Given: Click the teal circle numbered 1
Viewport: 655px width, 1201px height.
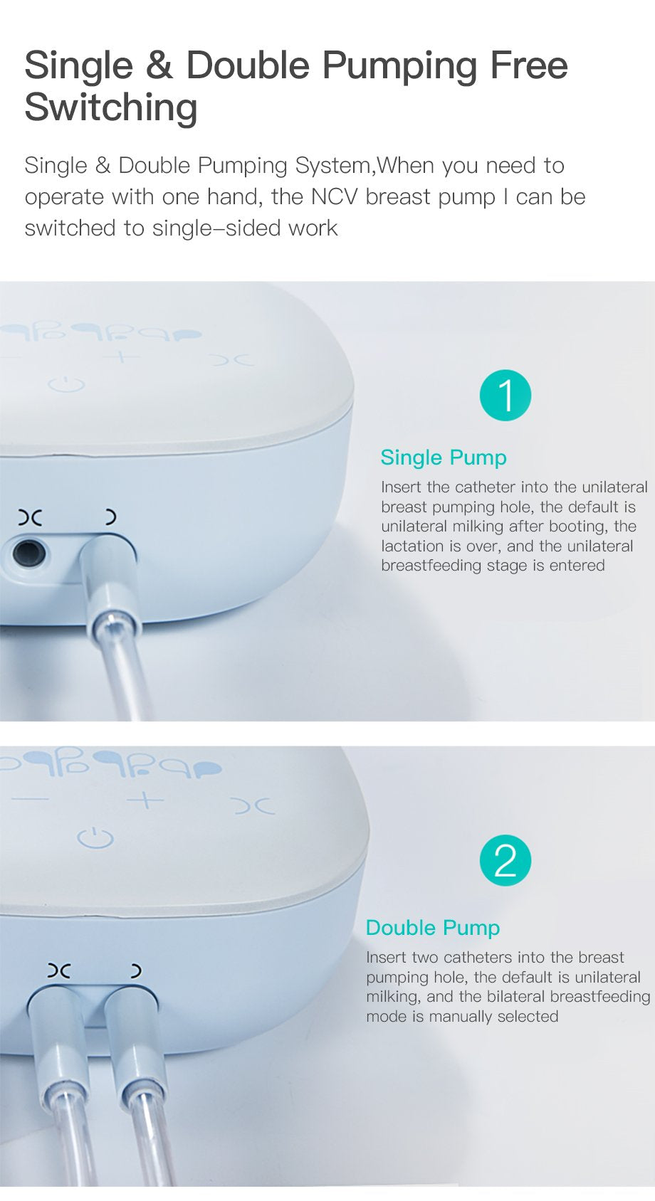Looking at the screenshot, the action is (505, 395).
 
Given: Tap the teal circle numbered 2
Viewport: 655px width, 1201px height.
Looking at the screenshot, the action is (505, 860).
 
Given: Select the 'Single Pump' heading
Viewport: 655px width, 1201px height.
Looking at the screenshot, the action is (444, 458).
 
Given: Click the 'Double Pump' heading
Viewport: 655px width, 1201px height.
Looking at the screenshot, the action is (433, 928).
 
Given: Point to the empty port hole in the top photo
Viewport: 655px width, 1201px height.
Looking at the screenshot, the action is (29, 553).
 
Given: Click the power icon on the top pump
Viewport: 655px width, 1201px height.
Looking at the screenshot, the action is (66, 384).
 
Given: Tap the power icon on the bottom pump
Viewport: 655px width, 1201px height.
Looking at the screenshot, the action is (95, 837).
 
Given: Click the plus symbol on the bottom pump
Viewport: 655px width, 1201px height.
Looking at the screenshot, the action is (145, 800).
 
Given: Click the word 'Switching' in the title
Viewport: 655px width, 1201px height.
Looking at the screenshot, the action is (111, 107).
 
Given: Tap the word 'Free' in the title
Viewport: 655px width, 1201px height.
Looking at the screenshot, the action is (529, 65).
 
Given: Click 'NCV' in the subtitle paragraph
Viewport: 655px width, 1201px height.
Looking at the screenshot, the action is (334, 197).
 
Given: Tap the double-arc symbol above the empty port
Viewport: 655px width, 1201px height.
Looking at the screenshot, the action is (29, 518).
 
